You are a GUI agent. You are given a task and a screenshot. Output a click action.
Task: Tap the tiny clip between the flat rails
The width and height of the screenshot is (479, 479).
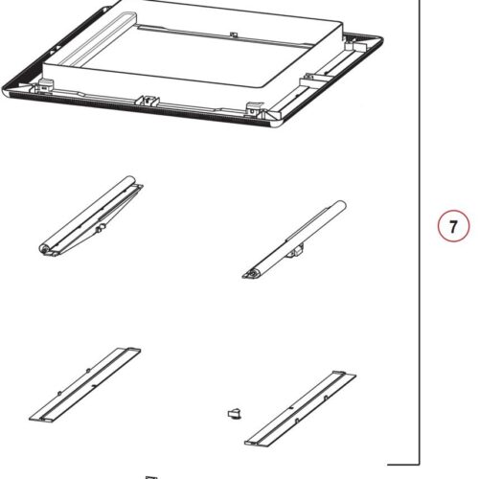tap(231, 412)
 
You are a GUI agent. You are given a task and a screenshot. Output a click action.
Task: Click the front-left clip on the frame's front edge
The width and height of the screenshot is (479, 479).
tap(149, 99)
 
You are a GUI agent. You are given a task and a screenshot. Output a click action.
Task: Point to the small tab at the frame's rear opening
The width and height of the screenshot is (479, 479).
tap(234, 35)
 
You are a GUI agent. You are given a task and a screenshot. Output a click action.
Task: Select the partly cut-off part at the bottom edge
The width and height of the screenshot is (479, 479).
tap(149, 475)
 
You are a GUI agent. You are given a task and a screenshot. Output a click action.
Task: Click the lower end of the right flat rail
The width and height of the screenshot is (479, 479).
tap(252, 441)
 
